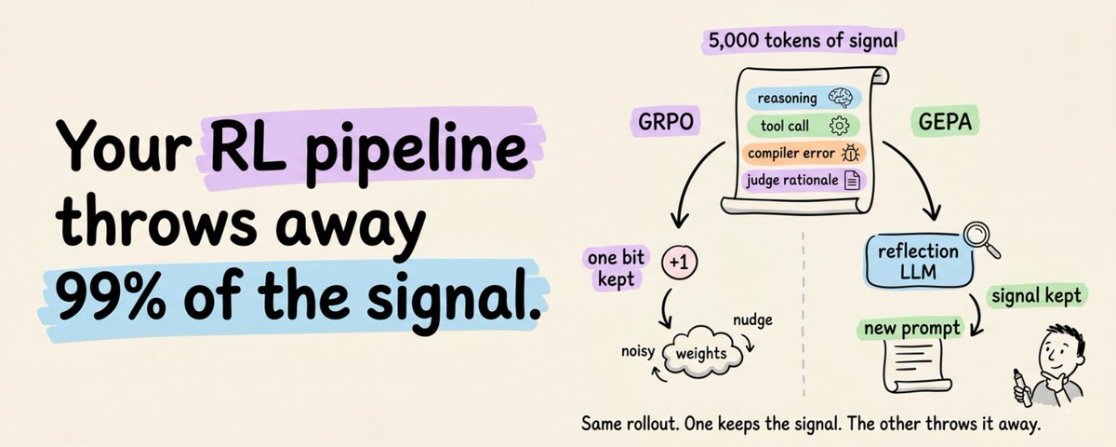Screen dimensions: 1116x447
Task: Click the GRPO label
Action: coord(665,122)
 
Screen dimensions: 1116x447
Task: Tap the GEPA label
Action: coord(945,122)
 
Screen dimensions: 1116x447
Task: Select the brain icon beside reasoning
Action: coord(841,98)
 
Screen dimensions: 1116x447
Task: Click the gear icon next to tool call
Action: coord(839,126)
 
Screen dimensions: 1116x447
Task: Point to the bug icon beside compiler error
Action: coord(850,153)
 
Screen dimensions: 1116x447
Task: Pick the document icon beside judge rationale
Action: coord(853,180)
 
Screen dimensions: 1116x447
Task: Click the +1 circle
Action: coord(679,262)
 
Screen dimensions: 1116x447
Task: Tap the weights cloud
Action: coord(701,354)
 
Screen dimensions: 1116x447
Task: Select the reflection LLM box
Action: coord(918,261)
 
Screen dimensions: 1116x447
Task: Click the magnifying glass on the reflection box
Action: coord(981,240)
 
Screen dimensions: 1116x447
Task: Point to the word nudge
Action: coord(752,320)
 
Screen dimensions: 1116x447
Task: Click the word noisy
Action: coord(638,351)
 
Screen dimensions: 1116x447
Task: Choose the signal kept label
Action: coord(1036,296)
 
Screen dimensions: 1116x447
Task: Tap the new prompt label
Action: coord(911,329)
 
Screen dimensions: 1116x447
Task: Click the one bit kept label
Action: coord(616,268)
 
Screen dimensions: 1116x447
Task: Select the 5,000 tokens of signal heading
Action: coord(803,40)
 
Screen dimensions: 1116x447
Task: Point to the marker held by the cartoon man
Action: coord(1022,387)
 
